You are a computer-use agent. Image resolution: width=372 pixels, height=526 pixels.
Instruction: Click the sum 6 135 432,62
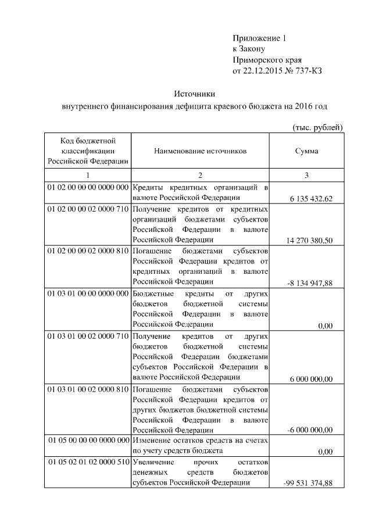[x=311, y=199]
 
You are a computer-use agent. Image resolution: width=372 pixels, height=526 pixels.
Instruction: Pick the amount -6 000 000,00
[x=310, y=431]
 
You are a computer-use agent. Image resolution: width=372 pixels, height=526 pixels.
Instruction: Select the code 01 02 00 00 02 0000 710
[x=87, y=209]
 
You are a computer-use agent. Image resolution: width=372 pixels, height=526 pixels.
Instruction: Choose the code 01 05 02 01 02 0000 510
[x=87, y=462]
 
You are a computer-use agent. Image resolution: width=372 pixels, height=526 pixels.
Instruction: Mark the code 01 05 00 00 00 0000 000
[x=88, y=440]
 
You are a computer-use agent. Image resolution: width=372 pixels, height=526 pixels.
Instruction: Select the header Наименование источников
[x=201, y=151]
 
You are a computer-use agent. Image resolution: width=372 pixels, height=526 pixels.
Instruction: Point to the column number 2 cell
[x=201, y=176]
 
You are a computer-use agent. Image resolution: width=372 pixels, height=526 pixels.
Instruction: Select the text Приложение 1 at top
[x=259, y=38]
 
